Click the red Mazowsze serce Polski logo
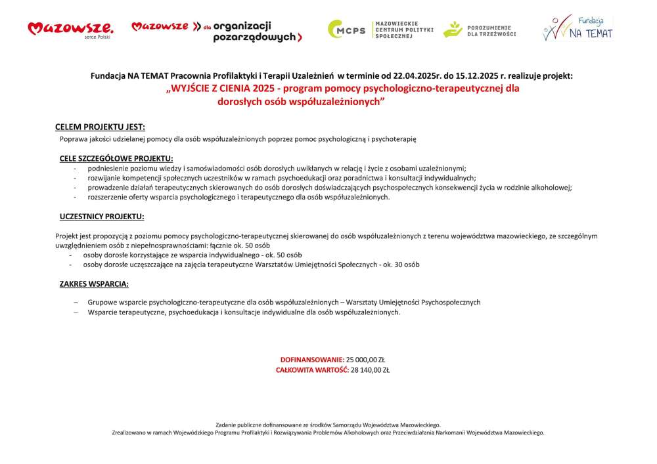70,29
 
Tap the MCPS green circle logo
347,30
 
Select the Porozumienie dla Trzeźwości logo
480,30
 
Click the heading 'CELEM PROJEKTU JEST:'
100,127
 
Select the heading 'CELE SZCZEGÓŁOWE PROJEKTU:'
116,158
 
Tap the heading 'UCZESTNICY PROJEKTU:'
102,216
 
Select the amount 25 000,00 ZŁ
366,360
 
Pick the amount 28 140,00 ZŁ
370,370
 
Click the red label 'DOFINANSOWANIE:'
312,360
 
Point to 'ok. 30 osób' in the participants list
400,264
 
